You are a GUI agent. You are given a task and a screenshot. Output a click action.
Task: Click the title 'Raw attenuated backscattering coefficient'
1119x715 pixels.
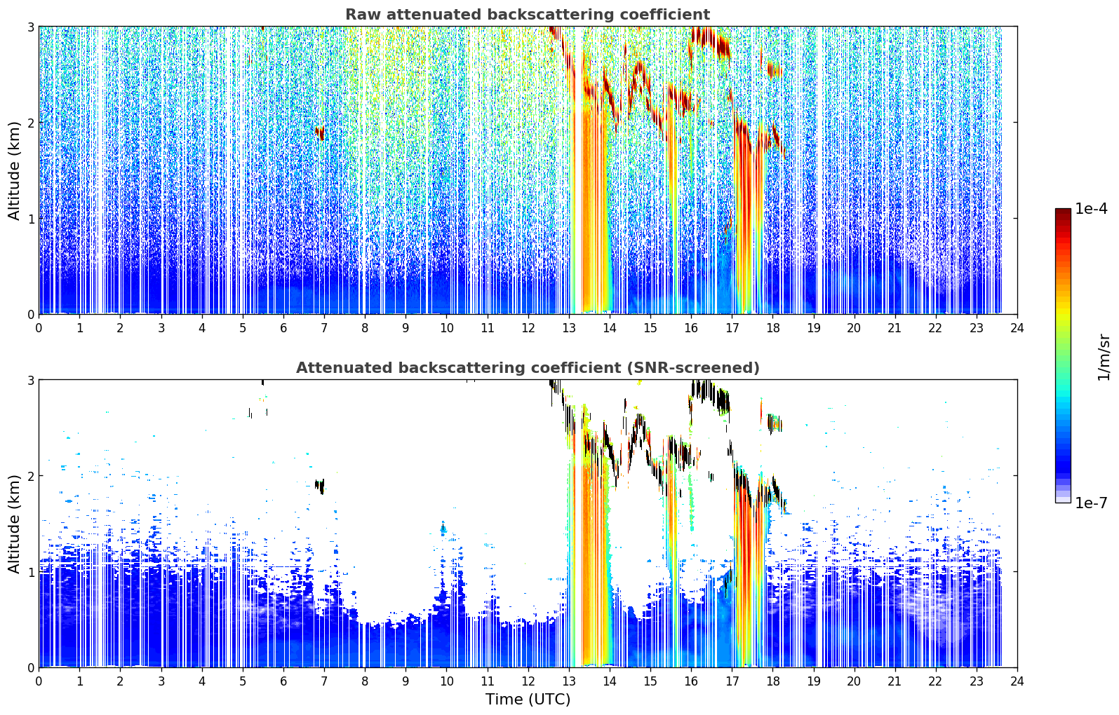click(528, 15)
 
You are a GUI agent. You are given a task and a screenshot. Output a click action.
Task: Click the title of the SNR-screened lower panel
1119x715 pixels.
click(528, 367)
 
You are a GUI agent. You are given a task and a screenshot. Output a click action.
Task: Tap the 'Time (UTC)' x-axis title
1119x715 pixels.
click(528, 700)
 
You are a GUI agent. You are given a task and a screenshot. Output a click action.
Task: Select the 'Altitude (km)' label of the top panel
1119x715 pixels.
click(14, 171)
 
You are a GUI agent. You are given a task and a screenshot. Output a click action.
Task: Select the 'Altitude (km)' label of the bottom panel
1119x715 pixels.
click(14, 524)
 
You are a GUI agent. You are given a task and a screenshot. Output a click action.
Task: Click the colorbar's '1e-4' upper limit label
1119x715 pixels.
click(1091, 209)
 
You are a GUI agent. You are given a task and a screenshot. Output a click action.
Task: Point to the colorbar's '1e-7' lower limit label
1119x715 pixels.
click(1091, 503)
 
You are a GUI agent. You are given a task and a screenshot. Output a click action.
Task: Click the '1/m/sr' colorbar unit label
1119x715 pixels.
click(1104, 357)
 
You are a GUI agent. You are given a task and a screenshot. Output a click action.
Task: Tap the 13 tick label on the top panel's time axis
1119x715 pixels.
click(569, 328)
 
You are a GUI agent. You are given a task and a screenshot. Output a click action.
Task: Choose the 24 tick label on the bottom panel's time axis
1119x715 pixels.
click(1017, 681)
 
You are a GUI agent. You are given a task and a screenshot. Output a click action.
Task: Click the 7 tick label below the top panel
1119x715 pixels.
click(324, 328)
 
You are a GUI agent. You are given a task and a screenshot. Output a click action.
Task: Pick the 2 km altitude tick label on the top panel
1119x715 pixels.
click(30, 123)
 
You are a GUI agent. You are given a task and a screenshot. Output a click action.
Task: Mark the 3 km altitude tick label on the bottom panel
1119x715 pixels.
click(30, 379)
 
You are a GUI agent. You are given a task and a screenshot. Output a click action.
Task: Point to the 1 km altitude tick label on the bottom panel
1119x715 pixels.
click(30, 572)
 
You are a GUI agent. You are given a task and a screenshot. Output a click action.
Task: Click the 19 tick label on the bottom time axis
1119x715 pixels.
click(813, 681)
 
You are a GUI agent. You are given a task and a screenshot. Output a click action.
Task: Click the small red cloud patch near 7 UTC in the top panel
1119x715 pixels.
click(320, 132)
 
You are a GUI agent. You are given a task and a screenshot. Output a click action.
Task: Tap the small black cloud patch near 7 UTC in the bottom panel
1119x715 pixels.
click(320, 486)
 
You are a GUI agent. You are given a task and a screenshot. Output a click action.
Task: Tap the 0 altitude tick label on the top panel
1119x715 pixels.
click(30, 315)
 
